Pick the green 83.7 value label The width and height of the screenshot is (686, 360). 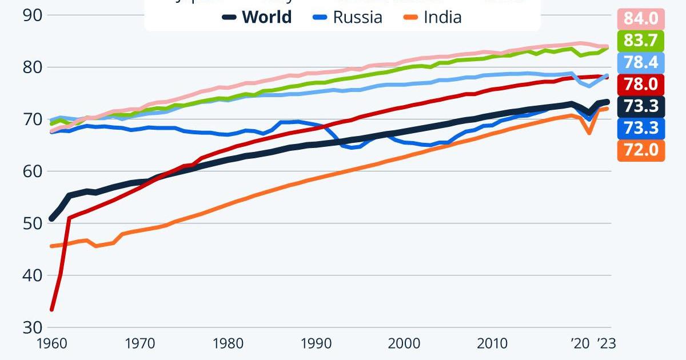click(641, 41)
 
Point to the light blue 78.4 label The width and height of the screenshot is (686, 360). click(641, 62)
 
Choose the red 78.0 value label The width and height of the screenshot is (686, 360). click(641, 85)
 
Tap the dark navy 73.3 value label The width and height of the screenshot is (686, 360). click(641, 106)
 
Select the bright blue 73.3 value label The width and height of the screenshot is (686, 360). click(641, 129)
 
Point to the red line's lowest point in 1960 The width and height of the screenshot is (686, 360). click(52, 309)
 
